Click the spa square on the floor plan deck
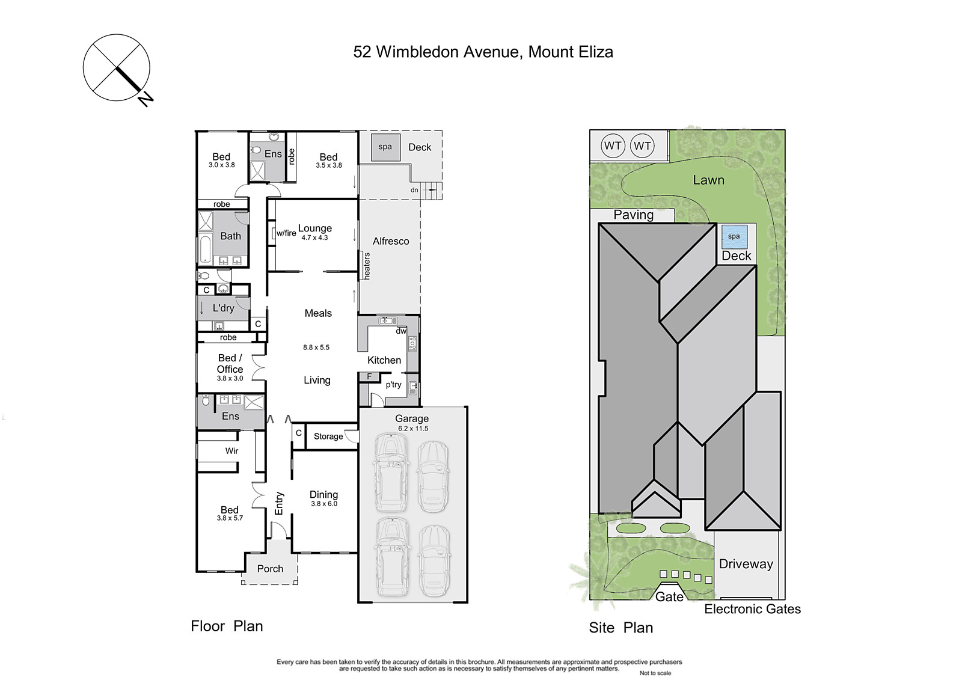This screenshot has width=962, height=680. click(x=385, y=147)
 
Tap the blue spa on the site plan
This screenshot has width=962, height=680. click(x=734, y=237)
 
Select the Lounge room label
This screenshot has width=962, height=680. click(x=315, y=228)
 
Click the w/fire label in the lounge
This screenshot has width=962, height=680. click(x=286, y=233)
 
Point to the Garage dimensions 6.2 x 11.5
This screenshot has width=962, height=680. click(x=413, y=428)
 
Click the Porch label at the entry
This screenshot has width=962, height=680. click(x=270, y=569)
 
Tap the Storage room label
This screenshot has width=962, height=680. click(x=328, y=436)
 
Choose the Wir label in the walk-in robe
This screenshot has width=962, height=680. click(x=231, y=450)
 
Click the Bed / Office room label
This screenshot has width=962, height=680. click(x=230, y=363)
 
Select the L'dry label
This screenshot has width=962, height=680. click(x=223, y=308)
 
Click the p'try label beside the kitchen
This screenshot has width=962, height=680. click(x=393, y=385)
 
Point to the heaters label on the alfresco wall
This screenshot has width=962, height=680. click(x=367, y=266)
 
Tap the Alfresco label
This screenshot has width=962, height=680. click(x=391, y=241)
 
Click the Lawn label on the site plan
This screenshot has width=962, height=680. click(x=709, y=180)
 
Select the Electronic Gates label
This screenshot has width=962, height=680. click(x=752, y=609)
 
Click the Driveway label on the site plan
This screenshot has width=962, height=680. click(x=746, y=564)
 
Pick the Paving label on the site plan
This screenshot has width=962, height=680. click(x=634, y=215)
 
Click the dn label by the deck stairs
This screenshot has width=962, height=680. click(x=414, y=190)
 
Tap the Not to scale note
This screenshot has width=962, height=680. click(x=655, y=673)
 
